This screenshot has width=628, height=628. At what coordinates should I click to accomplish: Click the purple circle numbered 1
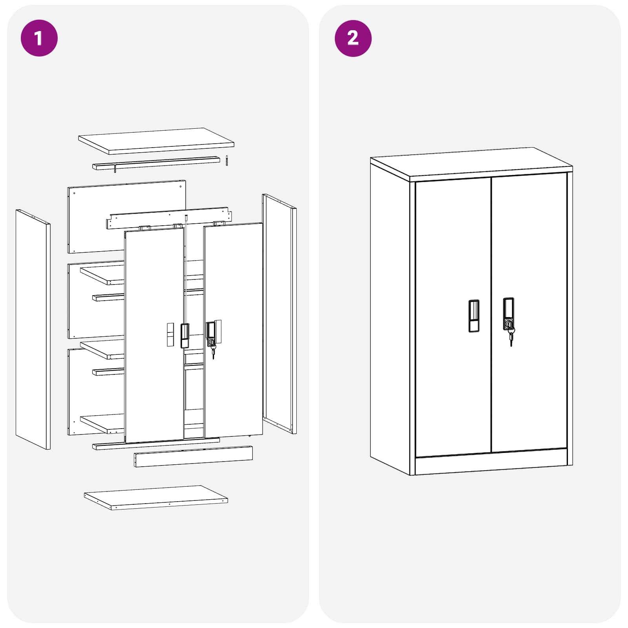pyautogui.click(x=39, y=38)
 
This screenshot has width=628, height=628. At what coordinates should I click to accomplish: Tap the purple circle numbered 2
pyautogui.click(x=353, y=38)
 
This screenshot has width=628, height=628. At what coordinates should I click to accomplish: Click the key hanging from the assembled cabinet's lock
pyautogui.click(x=511, y=337)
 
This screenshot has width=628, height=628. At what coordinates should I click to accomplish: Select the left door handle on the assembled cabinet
pyautogui.click(x=474, y=316)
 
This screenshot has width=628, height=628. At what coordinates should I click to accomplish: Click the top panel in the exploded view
pyautogui.click(x=156, y=141)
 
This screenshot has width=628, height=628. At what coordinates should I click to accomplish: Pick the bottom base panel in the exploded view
pyautogui.click(x=156, y=498)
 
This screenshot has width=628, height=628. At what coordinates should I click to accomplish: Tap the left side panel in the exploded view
pyautogui.click(x=33, y=329)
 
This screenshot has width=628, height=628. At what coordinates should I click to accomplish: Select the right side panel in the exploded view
pyautogui.click(x=279, y=314)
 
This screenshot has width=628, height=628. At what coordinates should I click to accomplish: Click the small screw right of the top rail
pyautogui.click(x=227, y=161)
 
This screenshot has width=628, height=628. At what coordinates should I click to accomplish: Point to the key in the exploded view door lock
pyautogui.click(x=213, y=352)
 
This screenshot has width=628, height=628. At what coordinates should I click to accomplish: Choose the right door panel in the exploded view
pyautogui.click(x=234, y=330)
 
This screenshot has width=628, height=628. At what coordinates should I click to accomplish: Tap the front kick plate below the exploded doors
pyautogui.click(x=194, y=456)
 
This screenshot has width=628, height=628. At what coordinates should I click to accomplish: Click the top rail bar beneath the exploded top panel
pyautogui.click(x=156, y=163)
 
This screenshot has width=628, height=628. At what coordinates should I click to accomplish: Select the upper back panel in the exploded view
pyautogui.click(x=127, y=216)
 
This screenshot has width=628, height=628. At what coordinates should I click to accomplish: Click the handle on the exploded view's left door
pyautogui.click(x=184, y=336)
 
